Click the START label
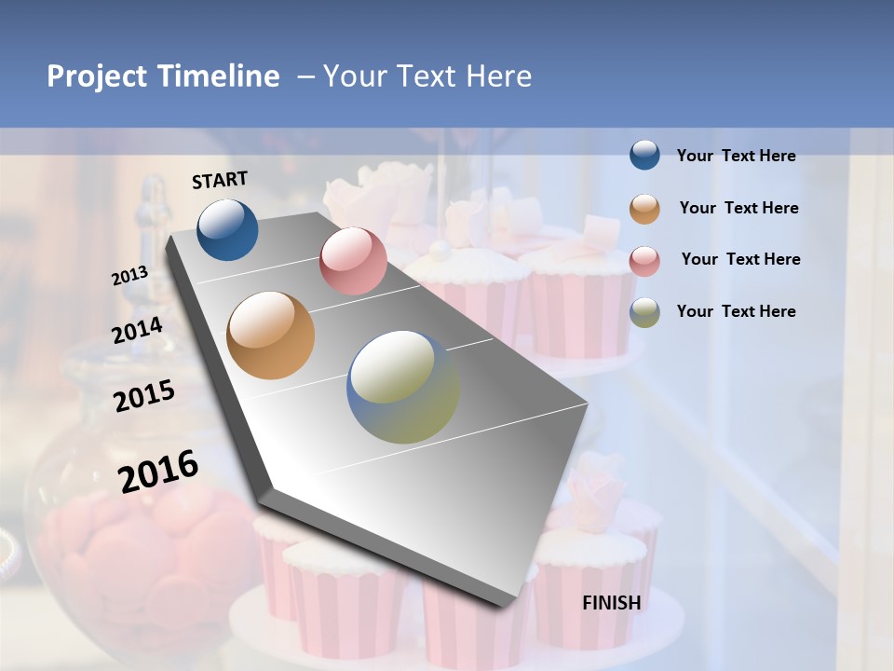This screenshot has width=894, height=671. pos(220,180)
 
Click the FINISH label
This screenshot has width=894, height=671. pos(612,603)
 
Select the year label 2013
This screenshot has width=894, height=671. pos(129,276)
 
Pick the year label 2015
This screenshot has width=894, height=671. pos(144,396)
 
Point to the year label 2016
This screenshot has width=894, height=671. pos(158,471)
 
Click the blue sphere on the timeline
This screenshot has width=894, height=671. pos(227,229)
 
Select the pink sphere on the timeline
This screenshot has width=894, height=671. pos(353,261)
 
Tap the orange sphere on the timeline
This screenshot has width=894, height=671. pos(271,335)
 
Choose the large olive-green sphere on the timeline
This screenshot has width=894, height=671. pos(403,387)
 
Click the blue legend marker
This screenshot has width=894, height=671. pos(644,156)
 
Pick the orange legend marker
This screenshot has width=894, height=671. pos(644,208)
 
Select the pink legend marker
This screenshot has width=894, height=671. pos(644,260)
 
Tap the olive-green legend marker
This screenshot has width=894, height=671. pos(644,312)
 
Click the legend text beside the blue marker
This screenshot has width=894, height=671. pos(736,156)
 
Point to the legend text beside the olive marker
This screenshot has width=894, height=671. pos(736,311)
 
